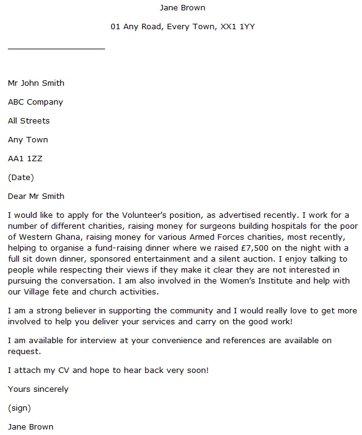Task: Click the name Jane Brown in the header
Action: [x=182, y=8]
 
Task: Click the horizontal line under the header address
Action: [x=56, y=48]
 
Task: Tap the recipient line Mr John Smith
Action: [x=36, y=83]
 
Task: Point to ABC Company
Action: [x=35, y=102]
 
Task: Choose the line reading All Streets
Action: [x=29, y=121]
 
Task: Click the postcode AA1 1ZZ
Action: [x=25, y=159]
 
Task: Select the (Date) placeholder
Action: [x=21, y=178]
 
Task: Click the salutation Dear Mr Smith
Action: [x=36, y=197]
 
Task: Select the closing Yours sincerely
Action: [x=38, y=389]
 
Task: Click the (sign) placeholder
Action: [x=19, y=408]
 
